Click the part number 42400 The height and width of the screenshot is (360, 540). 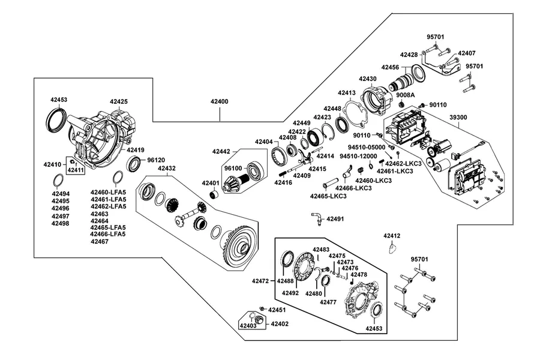pos(220,101)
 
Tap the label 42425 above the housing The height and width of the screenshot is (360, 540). pos(119,101)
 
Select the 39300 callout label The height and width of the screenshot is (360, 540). pos(458,118)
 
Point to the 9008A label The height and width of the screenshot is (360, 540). pos(406,95)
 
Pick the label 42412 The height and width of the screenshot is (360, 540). pos(392,236)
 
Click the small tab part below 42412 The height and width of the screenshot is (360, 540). pos(392,248)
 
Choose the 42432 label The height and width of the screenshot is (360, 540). pos(167,169)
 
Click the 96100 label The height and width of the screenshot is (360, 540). pos(233,169)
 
